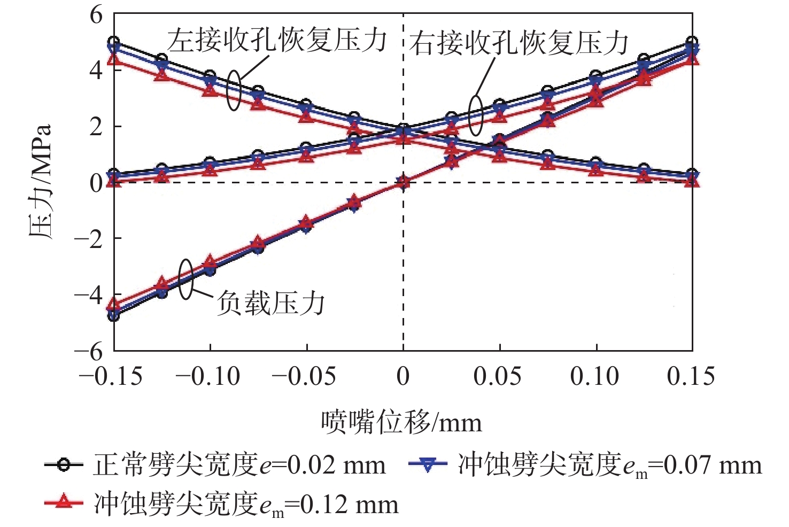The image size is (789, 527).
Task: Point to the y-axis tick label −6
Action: click(89, 351)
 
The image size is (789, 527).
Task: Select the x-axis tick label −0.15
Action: click(111, 377)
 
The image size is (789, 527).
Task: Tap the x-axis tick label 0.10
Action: click(594, 377)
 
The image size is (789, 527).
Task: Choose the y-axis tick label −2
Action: click(89, 239)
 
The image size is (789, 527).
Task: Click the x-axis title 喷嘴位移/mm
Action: click(401, 423)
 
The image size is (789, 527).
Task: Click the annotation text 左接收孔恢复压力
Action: click(277, 41)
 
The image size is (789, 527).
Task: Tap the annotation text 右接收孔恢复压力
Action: click(519, 43)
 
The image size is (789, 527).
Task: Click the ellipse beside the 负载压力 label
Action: click(185, 279)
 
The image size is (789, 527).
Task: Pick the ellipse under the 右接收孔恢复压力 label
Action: click(476, 115)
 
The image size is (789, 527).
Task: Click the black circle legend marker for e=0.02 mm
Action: click(64, 464)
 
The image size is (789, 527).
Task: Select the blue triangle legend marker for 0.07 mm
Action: click(427, 464)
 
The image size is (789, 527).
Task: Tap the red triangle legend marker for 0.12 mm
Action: click(64, 502)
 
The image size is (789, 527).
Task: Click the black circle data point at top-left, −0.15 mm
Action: click(114, 42)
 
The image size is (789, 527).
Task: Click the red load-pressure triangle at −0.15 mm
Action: click(114, 306)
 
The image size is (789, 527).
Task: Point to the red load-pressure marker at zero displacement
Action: click(403, 182)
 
